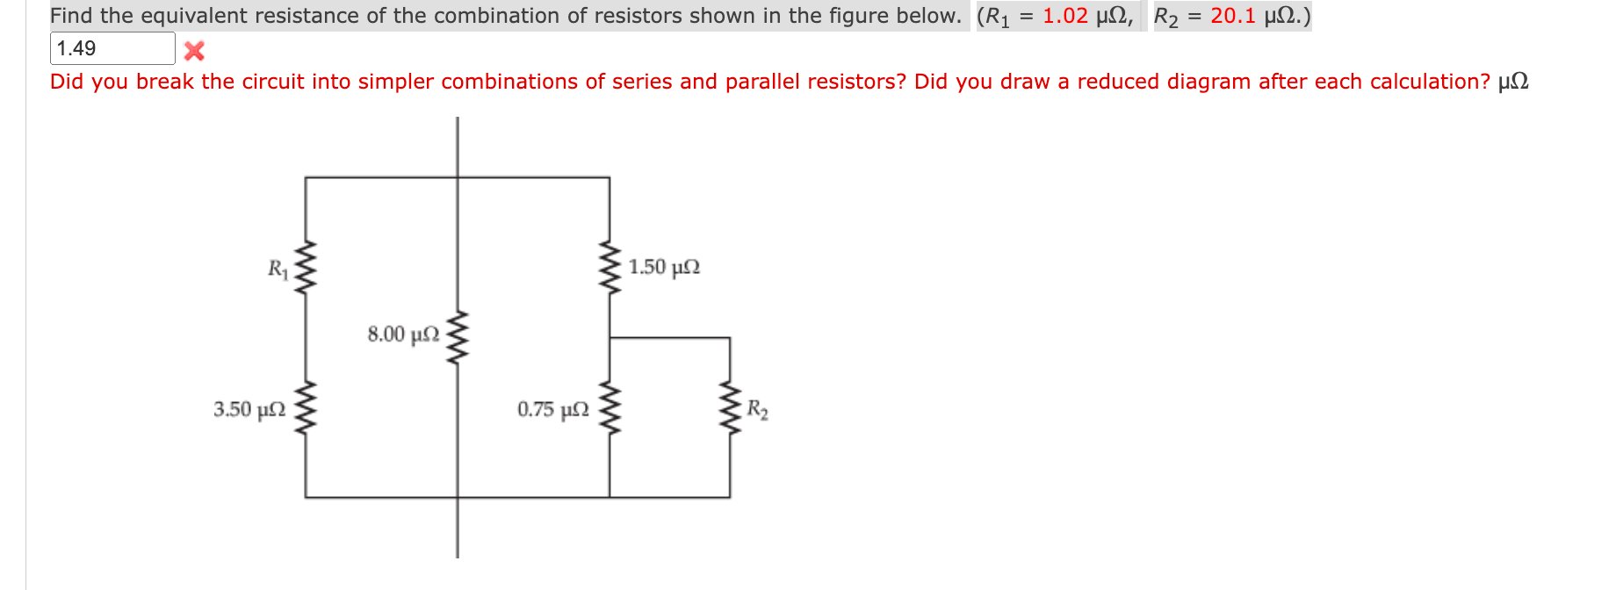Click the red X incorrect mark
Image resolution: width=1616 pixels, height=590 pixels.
[x=194, y=51]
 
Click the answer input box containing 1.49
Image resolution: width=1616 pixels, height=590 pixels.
[x=112, y=48]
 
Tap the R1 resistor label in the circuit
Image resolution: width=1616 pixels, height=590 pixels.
[x=278, y=269]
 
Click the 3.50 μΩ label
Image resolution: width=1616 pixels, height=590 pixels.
[x=249, y=410]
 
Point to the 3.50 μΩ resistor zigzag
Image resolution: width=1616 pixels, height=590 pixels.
[x=305, y=410]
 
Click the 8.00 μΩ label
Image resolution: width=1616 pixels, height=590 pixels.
[x=403, y=335]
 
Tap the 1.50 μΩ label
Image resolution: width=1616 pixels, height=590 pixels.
[x=664, y=267]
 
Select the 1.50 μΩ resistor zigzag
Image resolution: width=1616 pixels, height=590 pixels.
[x=610, y=267]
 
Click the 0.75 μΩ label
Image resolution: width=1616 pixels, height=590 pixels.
[x=553, y=410]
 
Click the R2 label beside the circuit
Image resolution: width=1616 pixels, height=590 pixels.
[x=757, y=410]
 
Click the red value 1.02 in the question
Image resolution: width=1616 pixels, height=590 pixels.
[x=1064, y=16]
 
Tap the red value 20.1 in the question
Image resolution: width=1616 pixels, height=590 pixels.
[x=1232, y=16]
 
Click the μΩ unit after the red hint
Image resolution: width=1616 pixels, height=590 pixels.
[x=1512, y=82]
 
